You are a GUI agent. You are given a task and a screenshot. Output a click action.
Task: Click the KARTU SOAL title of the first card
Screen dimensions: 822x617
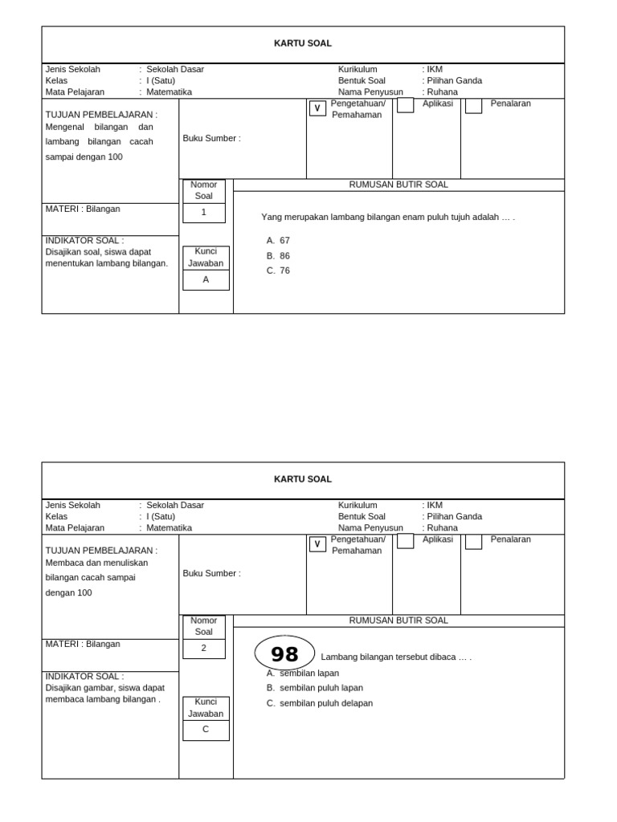[303, 43]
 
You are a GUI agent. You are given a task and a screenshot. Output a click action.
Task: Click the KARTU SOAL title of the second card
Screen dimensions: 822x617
[303, 479]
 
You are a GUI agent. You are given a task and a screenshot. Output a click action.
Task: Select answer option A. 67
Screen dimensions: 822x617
[279, 240]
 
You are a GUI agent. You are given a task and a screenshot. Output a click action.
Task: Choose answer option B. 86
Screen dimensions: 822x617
[279, 256]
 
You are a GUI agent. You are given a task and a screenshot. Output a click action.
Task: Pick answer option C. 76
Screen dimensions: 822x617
[279, 271]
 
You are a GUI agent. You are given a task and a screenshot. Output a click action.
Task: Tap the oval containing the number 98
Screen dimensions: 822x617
[284, 653]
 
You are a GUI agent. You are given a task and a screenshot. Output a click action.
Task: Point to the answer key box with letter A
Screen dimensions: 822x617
[206, 280]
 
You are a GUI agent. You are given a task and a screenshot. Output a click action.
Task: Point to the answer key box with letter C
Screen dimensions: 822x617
[206, 730]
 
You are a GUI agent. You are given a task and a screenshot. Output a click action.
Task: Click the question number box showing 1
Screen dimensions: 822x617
[204, 213]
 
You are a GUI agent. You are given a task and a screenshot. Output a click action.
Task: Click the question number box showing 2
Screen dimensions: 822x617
[204, 649]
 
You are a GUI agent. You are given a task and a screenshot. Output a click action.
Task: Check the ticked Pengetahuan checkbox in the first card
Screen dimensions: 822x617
[317, 108]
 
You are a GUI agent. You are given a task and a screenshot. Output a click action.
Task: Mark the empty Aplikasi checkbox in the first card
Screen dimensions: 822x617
[406, 105]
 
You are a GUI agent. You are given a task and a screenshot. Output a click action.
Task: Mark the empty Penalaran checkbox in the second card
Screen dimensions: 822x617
[474, 541]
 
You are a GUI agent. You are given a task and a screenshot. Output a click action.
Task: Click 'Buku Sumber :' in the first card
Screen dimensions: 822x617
[211, 138]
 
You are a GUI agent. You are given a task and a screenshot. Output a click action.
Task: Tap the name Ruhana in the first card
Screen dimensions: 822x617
[442, 92]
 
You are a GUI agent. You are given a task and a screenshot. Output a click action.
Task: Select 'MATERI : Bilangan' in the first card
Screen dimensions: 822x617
[83, 209]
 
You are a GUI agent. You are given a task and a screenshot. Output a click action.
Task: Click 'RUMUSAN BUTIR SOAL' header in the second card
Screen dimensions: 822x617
[398, 621]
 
